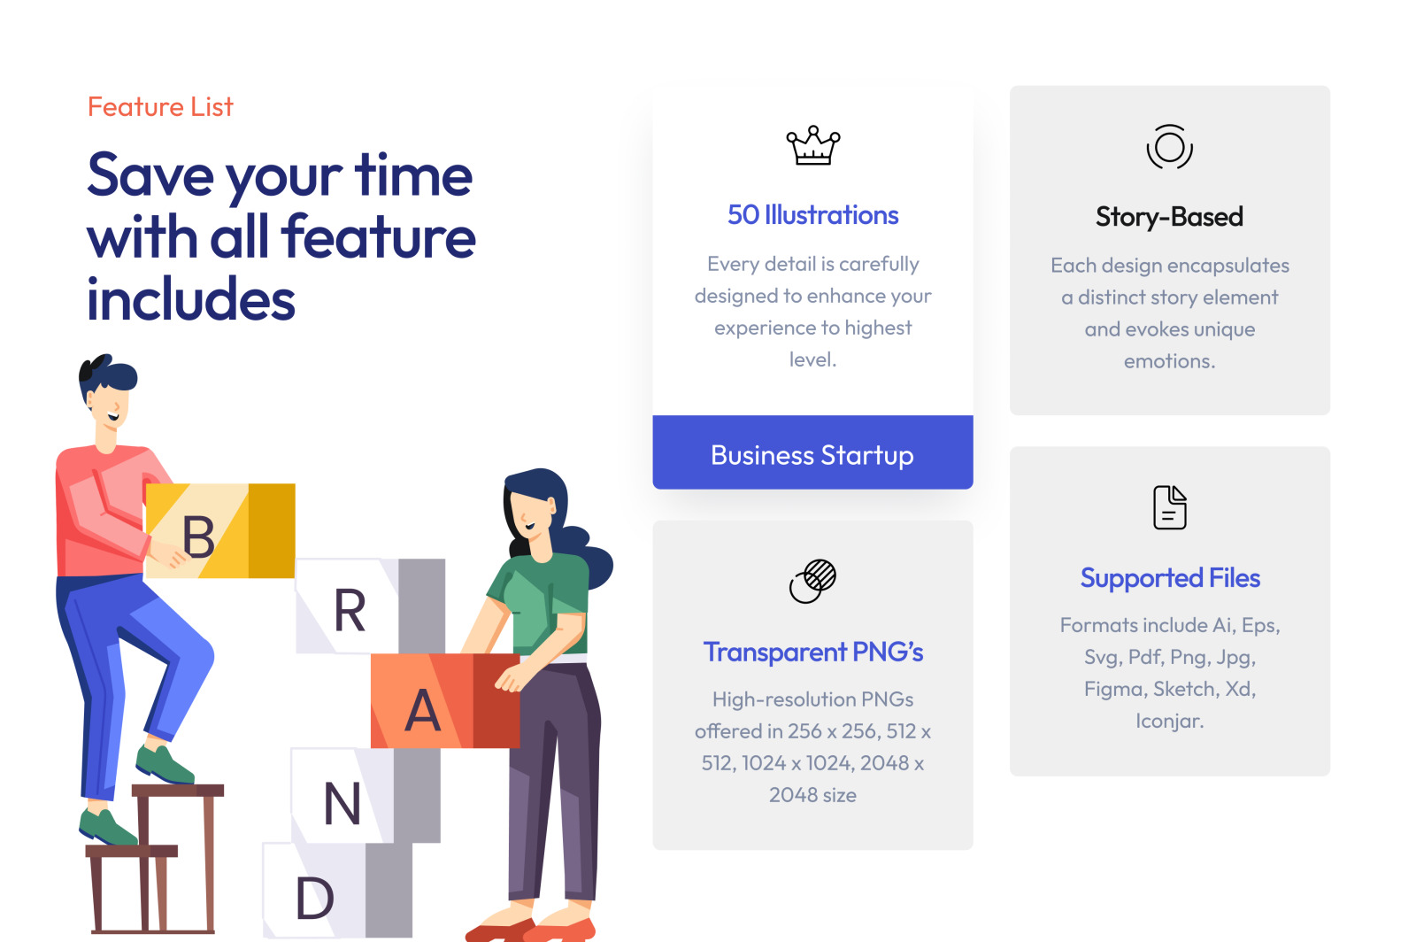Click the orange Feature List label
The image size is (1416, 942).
160,107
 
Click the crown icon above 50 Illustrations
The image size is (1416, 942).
813,145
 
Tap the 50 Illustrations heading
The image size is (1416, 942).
813,215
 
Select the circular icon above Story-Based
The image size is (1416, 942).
1169,147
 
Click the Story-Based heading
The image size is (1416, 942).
1169,217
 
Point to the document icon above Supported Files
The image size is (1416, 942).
1169,507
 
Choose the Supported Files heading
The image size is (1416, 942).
1170,578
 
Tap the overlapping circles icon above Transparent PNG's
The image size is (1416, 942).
813,581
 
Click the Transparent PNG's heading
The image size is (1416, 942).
813,652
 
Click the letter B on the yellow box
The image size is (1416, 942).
198,537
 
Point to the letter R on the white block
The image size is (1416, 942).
350,609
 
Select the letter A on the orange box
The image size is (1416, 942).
422,710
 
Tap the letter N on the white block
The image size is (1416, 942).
342,803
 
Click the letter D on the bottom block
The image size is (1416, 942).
315,898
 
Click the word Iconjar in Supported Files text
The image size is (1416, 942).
1169,721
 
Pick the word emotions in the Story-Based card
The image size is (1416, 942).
1169,361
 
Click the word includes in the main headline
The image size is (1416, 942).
191,299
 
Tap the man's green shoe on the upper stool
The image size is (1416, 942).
163,764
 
